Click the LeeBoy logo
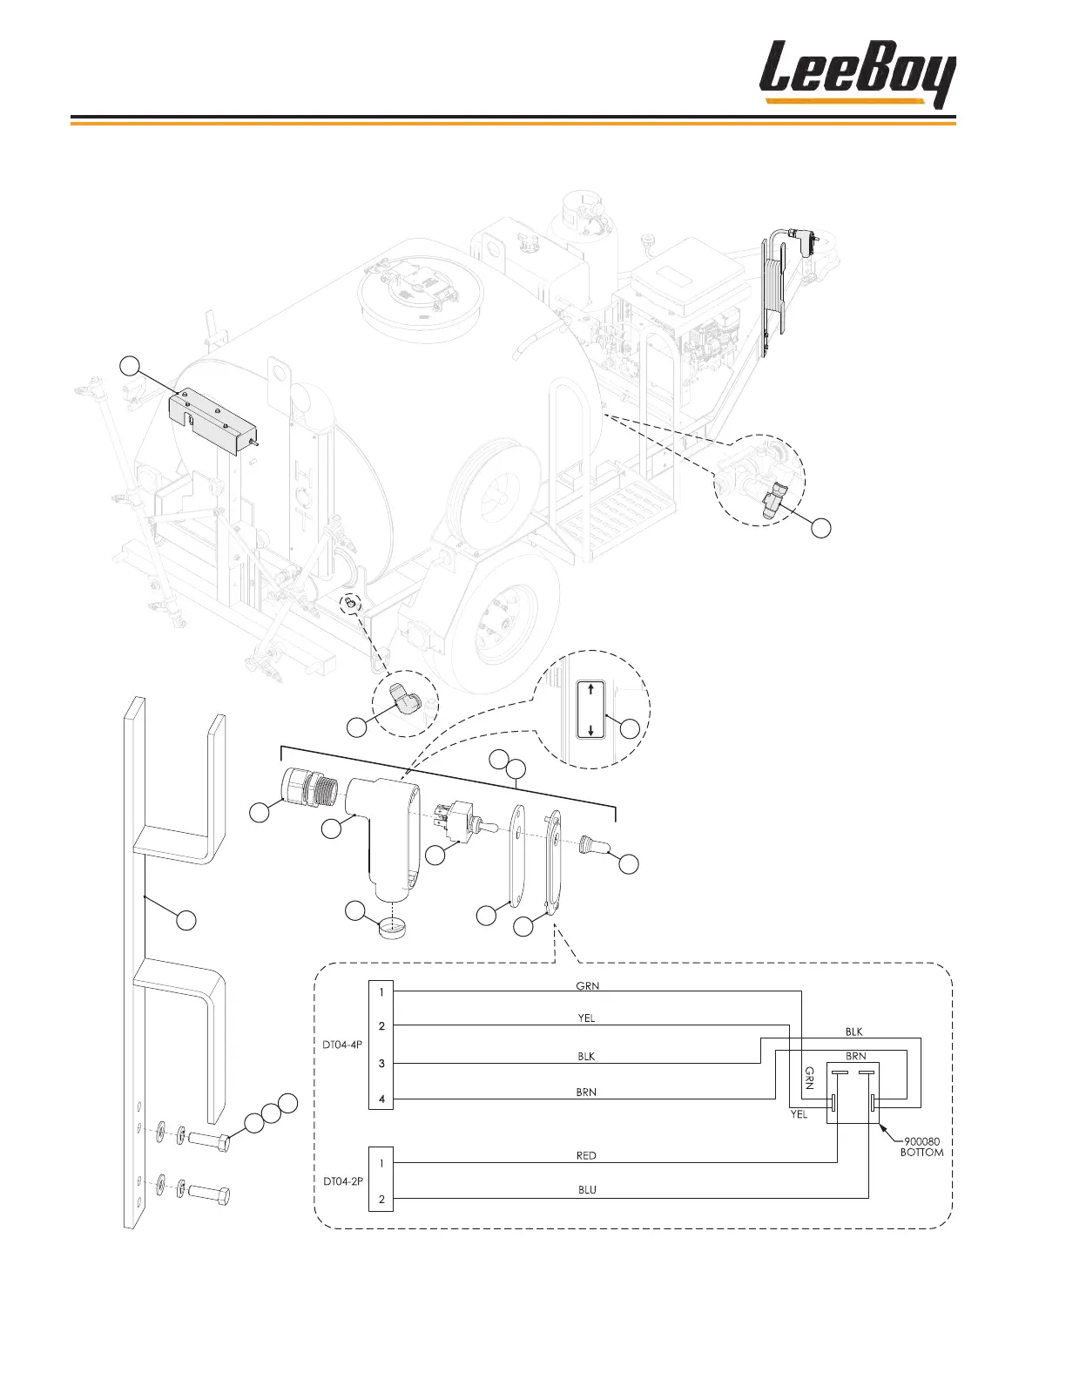pyautogui.click(x=857, y=75)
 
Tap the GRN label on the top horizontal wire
pyautogui.click(x=588, y=986)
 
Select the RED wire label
pyautogui.click(x=586, y=1155)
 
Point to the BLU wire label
pyautogui.click(x=588, y=1190)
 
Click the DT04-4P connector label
pyautogui.click(x=342, y=1045)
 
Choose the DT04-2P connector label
pyautogui.click(x=342, y=1181)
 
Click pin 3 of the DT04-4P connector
pyautogui.click(x=381, y=1063)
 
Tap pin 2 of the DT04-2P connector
pyautogui.click(x=381, y=1200)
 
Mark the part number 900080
pyautogui.click(x=921, y=1141)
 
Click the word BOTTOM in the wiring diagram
pyautogui.click(x=921, y=1153)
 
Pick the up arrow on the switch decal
pyautogui.click(x=590, y=689)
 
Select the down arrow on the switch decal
pyautogui.click(x=590, y=730)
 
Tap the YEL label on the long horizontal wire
pyautogui.click(x=587, y=1018)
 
